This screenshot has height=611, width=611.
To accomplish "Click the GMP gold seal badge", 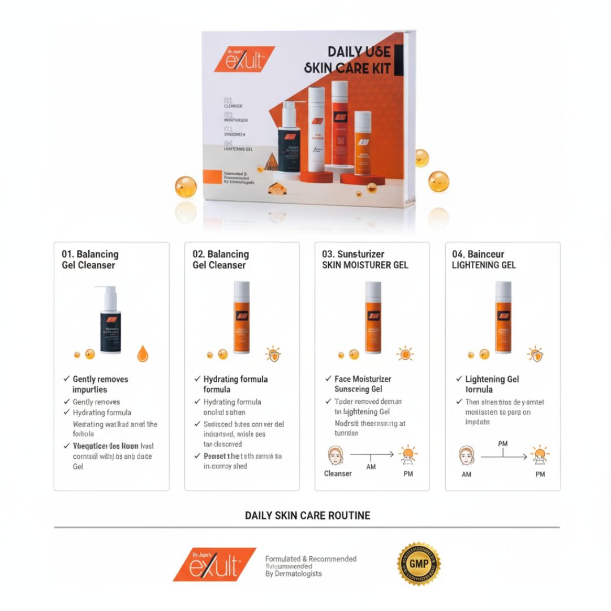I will click(x=419, y=564).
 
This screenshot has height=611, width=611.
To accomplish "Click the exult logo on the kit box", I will click(x=244, y=59).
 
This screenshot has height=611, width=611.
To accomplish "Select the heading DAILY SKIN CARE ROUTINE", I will click(x=307, y=515).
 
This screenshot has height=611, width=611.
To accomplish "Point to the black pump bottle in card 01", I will click(x=110, y=321).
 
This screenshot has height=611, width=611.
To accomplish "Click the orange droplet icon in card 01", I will click(x=143, y=354).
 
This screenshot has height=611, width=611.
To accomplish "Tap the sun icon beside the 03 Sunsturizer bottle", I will click(x=405, y=354).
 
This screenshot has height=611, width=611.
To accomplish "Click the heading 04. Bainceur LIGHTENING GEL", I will click(x=484, y=260).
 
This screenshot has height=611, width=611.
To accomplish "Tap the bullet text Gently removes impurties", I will click(x=100, y=384).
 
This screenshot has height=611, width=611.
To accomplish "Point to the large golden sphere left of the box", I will click(x=186, y=187).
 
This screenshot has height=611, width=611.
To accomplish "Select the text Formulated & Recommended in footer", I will click(x=311, y=559).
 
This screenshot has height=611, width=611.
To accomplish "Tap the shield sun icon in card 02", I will click(x=274, y=354).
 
